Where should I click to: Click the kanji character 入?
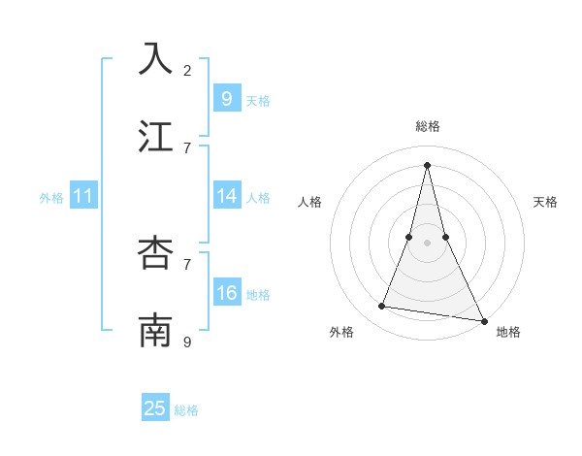tap(155, 59)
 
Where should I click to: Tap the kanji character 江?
tap(155, 137)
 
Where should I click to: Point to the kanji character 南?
tap(155, 331)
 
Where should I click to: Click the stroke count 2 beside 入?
tap(187, 70)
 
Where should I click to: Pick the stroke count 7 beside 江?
tap(187, 147)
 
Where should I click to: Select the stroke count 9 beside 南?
tap(187, 342)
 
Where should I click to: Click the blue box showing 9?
tap(226, 98)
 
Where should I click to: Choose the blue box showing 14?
tap(226, 196)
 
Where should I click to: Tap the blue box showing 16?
tap(226, 293)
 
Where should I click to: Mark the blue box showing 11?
tap(82, 196)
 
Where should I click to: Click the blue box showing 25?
tap(155, 408)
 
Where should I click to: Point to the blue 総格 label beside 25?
tap(186, 410)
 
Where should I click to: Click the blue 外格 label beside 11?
tap(51, 198)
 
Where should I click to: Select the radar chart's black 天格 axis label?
tap(545, 202)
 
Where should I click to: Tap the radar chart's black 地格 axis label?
tap(508, 332)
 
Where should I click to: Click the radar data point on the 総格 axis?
tap(427, 164)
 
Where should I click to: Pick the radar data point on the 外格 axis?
tap(382, 307)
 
